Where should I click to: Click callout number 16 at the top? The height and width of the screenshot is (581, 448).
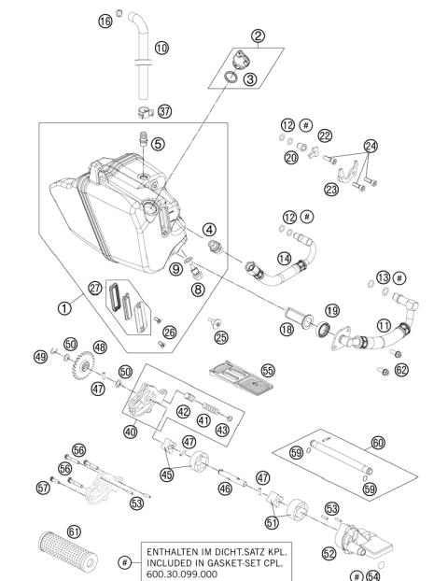tap(105, 21)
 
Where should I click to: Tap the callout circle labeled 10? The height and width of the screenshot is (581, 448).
tap(162, 47)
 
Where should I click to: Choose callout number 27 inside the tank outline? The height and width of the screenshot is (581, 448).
tap(95, 288)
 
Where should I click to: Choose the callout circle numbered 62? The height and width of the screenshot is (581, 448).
tap(401, 370)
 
